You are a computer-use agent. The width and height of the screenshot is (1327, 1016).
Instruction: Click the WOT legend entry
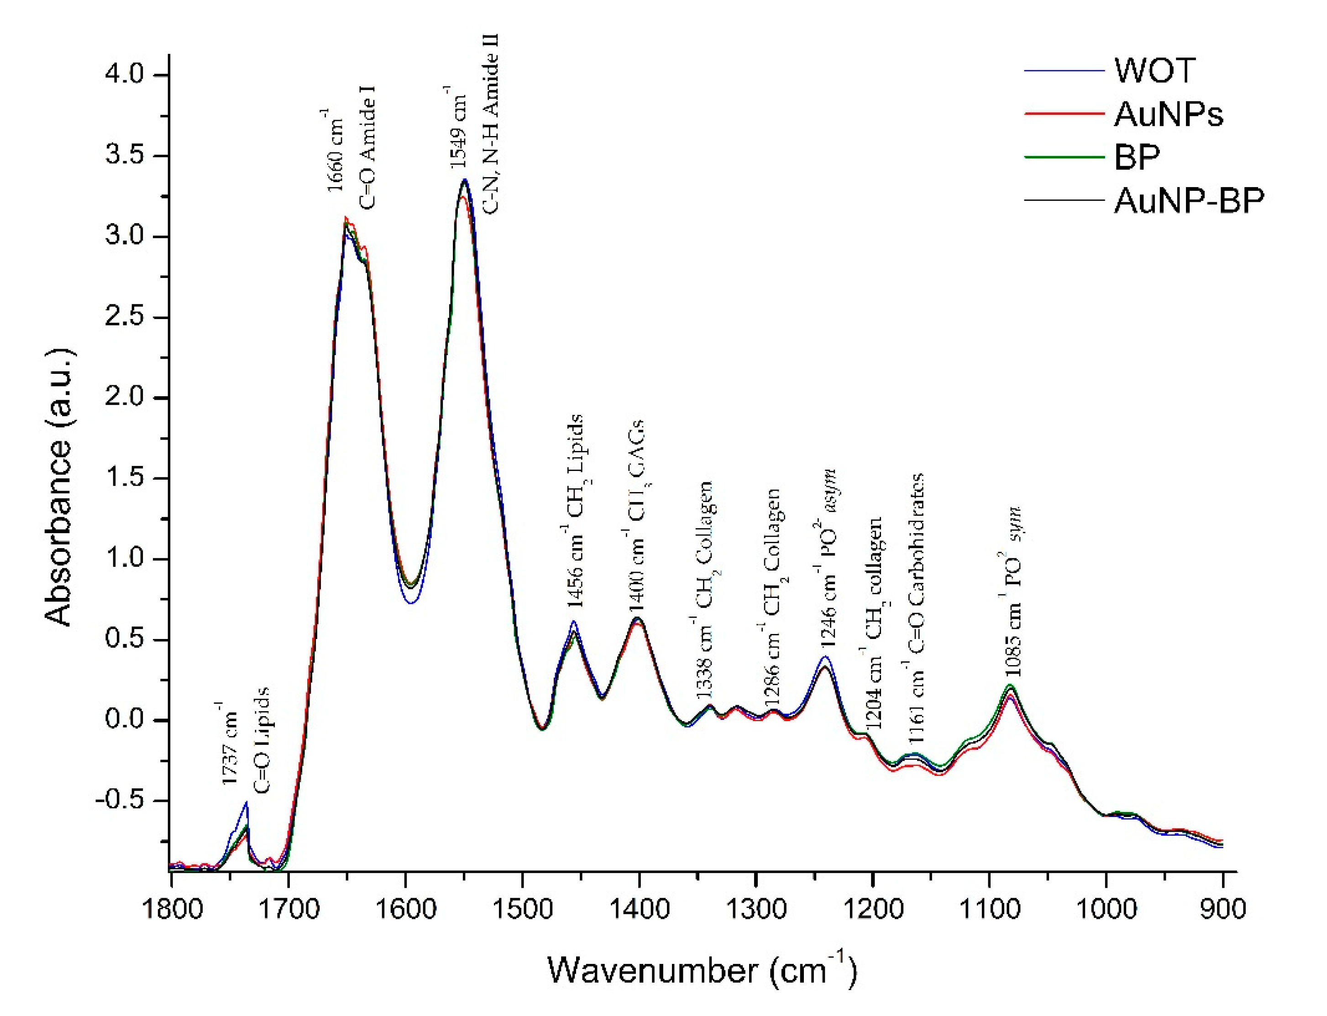click(x=1154, y=71)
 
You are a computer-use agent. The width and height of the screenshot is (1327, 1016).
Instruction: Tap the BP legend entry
click(x=1137, y=157)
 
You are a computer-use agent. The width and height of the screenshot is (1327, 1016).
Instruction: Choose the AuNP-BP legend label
click(x=1189, y=200)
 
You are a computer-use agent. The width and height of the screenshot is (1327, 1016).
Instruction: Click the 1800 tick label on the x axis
click(x=172, y=909)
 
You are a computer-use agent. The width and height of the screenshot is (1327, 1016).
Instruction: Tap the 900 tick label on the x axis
click(x=1223, y=909)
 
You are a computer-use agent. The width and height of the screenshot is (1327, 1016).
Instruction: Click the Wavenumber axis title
click(x=702, y=970)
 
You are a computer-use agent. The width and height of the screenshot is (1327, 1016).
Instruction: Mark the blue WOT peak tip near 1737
click(x=246, y=802)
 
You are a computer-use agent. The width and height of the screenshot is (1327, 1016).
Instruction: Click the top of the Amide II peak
click(x=465, y=180)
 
